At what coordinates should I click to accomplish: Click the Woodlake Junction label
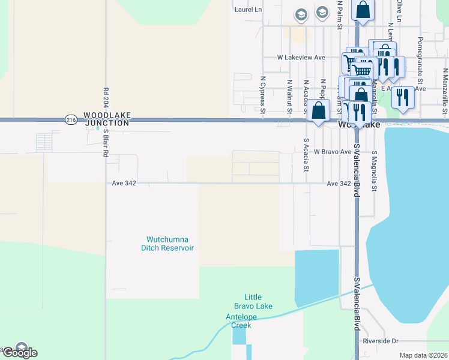[x=106, y=118]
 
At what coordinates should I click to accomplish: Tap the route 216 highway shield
[x=71, y=120]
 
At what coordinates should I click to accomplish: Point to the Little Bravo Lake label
[x=258, y=301]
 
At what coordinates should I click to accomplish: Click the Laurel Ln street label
[x=249, y=10]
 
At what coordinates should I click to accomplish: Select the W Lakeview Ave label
[x=301, y=58]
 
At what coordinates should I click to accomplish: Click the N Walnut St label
[x=289, y=97]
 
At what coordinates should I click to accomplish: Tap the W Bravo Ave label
[x=332, y=152]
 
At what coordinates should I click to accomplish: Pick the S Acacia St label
[x=306, y=155]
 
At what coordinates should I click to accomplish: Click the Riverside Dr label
[x=381, y=341]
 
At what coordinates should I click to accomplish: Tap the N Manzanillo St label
[x=445, y=90]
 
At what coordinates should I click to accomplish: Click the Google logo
[x=19, y=352]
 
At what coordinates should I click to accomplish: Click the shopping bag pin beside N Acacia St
[x=319, y=111]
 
